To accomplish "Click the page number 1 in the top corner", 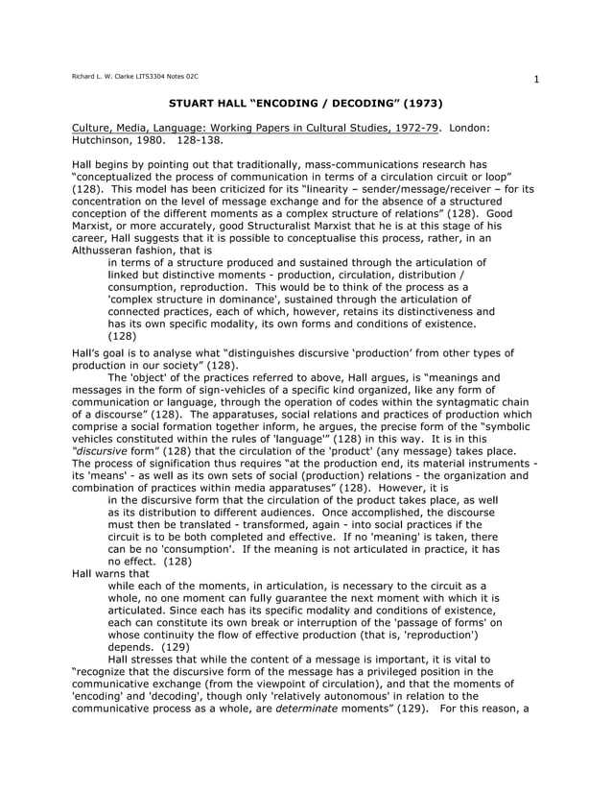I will coord(538,80).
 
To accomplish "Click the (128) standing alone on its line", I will coord(123,336).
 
